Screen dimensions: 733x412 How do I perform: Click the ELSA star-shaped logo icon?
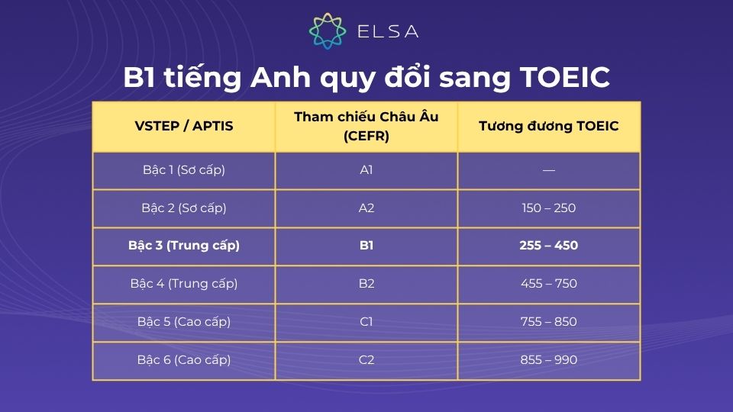(x=328, y=31)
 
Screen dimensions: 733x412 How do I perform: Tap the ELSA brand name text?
(x=388, y=32)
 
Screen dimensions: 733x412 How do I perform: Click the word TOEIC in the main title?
(x=565, y=77)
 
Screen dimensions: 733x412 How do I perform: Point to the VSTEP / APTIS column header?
(x=184, y=126)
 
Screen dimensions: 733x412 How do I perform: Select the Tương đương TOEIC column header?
(x=548, y=126)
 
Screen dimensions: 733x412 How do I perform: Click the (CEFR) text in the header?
(x=366, y=137)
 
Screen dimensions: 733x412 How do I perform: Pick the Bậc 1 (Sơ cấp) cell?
(x=184, y=169)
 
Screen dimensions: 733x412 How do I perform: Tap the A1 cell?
(x=366, y=169)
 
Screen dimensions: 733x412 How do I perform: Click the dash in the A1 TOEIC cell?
(x=548, y=170)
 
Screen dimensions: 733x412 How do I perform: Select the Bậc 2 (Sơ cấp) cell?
(x=184, y=208)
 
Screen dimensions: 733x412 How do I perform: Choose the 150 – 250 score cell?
(x=548, y=208)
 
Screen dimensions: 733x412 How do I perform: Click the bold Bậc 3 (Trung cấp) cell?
(x=184, y=246)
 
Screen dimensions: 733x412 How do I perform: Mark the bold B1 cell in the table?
(x=366, y=246)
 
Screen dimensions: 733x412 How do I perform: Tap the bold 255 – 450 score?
(x=548, y=246)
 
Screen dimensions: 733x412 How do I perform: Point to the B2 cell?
(x=366, y=284)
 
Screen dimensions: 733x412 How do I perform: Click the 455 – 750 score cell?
(x=548, y=284)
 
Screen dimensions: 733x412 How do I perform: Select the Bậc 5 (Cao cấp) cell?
(x=184, y=322)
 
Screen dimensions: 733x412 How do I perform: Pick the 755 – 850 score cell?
(x=548, y=322)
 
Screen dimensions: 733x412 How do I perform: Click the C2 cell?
(x=366, y=359)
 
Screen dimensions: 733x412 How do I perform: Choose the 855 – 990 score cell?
(x=548, y=359)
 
